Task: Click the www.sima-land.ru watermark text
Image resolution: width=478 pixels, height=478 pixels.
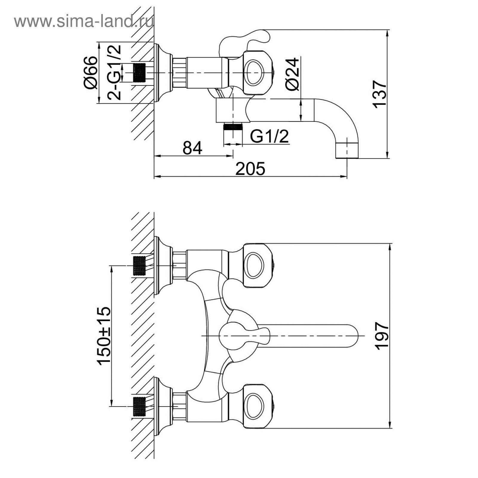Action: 84,21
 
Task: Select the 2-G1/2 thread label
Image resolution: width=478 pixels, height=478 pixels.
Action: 115,72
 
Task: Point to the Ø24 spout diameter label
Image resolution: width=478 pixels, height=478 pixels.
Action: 292,74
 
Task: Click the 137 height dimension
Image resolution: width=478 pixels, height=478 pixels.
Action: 379,94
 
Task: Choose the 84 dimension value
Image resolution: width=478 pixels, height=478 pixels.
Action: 192,148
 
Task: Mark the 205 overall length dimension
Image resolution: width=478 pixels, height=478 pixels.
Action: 250,169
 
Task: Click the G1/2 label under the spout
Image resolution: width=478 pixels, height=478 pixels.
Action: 269,136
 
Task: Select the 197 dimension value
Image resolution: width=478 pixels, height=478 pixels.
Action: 382,335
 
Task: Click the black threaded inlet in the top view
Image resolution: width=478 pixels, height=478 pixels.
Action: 139,73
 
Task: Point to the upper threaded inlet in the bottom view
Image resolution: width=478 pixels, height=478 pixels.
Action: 139,266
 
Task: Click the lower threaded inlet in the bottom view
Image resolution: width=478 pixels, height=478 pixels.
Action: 139,406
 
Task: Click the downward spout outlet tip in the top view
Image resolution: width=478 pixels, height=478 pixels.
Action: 347,151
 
